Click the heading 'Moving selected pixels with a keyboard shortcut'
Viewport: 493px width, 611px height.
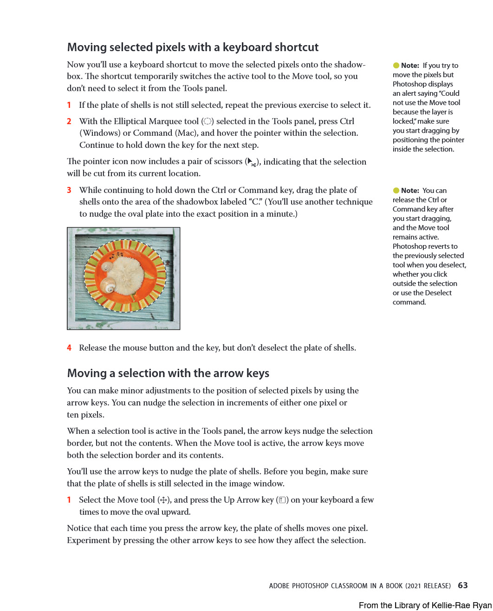point(193,47)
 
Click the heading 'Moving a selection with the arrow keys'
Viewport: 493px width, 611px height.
point(168,373)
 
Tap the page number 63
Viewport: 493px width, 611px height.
point(463,585)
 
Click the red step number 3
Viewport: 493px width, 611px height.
point(69,190)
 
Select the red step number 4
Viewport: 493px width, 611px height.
point(69,348)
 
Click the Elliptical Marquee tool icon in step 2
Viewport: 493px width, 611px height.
point(208,121)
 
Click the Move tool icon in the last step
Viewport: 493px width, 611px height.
point(162,500)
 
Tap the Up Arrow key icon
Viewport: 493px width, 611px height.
point(282,500)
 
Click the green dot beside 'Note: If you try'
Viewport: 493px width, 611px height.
point(396,66)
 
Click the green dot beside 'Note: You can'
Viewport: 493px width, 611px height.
point(396,191)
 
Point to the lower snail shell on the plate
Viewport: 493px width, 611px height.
point(109,285)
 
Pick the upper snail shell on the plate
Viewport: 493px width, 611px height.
point(108,267)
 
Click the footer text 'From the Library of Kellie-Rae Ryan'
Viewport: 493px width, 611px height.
point(425,605)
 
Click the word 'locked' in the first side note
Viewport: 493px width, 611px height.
point(402,121)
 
